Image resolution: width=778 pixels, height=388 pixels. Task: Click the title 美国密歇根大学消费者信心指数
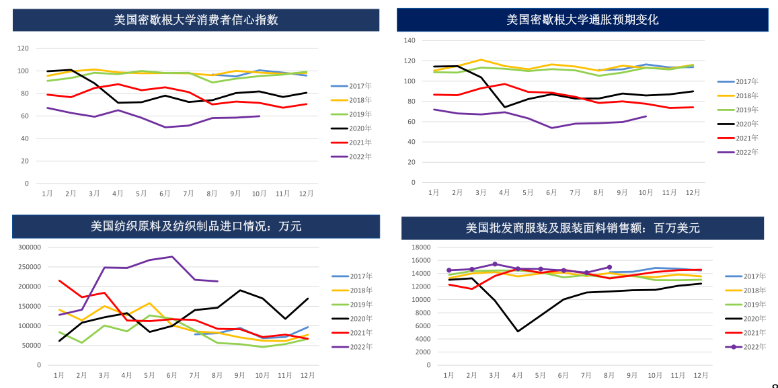196,20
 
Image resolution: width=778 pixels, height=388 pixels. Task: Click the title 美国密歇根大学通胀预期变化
582,20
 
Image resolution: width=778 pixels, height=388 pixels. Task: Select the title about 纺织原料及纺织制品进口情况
196,227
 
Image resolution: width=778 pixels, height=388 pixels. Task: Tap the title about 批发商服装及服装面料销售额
582,228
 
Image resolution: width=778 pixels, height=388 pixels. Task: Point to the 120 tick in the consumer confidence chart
24,48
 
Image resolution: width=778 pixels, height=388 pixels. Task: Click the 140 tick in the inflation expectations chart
410,40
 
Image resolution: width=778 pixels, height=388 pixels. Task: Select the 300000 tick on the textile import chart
29,247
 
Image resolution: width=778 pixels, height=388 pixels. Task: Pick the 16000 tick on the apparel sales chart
420,247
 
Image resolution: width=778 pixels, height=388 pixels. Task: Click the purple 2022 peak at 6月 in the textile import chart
172,256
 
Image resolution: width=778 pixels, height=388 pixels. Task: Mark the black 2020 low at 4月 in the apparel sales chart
518,331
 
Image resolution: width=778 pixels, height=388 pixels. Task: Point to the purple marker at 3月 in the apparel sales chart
495,264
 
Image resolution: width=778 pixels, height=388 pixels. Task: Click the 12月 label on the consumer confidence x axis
306,193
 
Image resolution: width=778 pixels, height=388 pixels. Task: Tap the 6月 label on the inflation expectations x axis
551,192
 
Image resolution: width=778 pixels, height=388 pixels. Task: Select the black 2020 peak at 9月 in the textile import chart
240,290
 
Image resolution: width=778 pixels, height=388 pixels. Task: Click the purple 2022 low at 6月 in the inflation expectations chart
551,128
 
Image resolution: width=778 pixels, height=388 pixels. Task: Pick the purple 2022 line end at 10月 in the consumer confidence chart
260,116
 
